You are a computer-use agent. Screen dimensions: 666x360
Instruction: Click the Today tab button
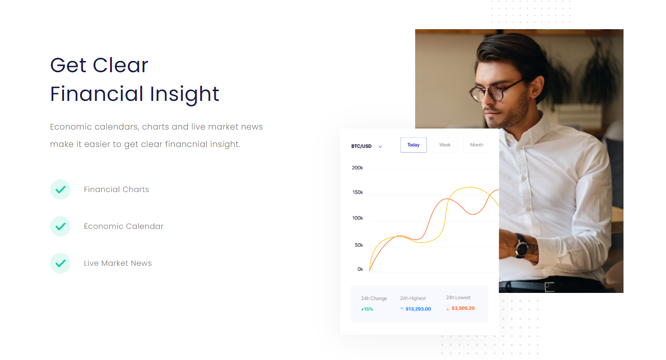pyautogui.click(x=413, y=145)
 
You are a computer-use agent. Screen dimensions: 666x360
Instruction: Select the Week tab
pyautogui.click(x=445, y=145)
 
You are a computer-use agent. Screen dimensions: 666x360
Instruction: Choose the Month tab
pyautogui.click(x=477, y=145)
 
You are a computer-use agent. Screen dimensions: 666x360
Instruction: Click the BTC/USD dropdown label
pyautogui.click(x=361, y=146)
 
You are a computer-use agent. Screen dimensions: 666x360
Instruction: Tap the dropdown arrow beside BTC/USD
pyautogui.click(x=380, y=146)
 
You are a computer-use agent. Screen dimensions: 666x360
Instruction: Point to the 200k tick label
pyautogui.click(x=357, y=168)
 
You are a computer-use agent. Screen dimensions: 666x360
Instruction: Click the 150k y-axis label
pyautogui.click(x=358, y=193)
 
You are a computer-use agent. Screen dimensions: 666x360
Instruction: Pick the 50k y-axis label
pyautogui.click(x=359, y=245)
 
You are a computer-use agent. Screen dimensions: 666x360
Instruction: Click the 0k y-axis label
pyautogui.click(x=360, y=269)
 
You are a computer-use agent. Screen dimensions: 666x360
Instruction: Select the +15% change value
pyautogui.click(x=367, y=309)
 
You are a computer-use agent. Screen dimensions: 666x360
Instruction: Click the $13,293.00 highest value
pyautogui.click(x=418, y=309)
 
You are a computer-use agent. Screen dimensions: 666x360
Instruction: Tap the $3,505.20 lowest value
pyautogui.click(x=463, y=308)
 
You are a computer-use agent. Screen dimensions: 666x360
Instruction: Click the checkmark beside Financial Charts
pyautogui.click(x=60, y=189)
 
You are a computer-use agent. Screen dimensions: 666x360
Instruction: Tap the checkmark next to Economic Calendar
pyautogui.click(x=60, y=226)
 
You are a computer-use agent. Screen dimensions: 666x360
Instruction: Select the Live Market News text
pyautogui.click(x=118, y=263)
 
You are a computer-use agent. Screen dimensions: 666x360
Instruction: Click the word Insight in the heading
pyautogui.click(x=184, y=95)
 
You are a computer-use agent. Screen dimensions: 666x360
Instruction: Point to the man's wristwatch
pyautogui.click(x=522, y=246)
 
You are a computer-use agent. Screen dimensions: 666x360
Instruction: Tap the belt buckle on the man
pyautogui.click(x=549, y=287)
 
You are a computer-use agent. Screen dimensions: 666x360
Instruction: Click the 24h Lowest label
pyautogui.click(x=458, y=298)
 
